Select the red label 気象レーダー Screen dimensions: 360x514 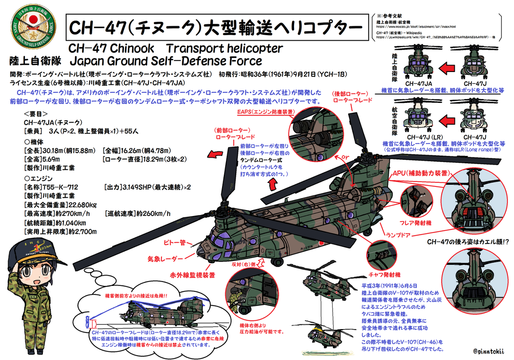[165, 259]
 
